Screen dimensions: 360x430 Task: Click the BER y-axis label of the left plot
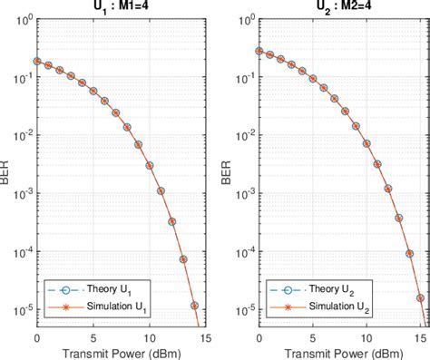pos(7,171)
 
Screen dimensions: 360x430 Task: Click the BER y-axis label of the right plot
pos(230,171)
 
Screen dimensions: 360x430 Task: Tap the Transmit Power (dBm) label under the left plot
pos(116,352)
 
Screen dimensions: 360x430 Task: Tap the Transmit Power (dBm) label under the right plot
pos(339,352)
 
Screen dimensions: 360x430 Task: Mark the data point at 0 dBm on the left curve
pos(36,62)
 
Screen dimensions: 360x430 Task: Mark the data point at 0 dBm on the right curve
pos(259,52)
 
